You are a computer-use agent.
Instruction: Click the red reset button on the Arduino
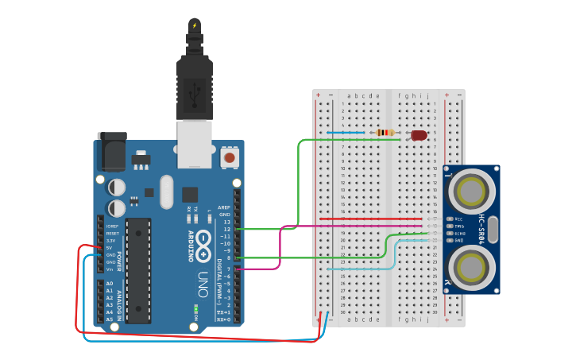230,158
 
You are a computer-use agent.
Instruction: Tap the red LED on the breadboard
419,135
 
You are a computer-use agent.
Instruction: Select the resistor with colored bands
385,133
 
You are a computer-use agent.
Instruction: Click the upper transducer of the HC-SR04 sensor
470,192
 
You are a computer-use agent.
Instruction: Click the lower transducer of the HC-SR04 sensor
470,265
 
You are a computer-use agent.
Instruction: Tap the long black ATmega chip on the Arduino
137,270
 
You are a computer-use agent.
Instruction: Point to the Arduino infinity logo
203,238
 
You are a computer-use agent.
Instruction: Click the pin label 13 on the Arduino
226,222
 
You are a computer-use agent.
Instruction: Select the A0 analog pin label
110,284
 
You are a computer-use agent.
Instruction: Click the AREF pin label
225,207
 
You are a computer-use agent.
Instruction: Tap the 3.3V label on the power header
111,240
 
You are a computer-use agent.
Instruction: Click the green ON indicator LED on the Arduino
195,308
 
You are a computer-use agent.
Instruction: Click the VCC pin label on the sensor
458,219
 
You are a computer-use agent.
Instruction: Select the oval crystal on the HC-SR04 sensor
493,229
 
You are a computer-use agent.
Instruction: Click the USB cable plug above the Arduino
194,87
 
